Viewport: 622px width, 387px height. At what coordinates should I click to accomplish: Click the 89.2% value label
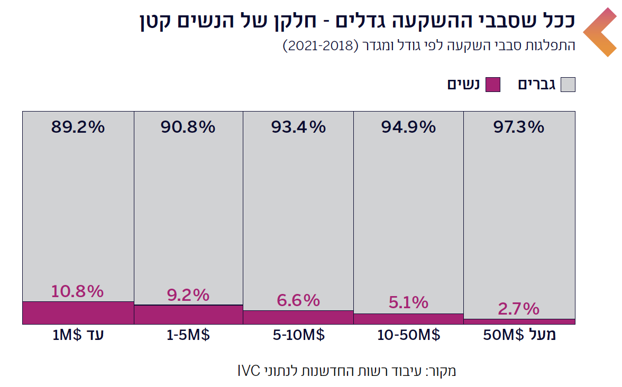(78, 127)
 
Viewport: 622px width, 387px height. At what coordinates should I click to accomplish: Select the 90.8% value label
(188, 127)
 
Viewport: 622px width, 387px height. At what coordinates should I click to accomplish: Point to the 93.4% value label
(298, 127)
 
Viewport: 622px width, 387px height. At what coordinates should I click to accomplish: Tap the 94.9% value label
(408, 127)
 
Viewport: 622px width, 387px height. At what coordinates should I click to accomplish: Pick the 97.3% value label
(518, 127)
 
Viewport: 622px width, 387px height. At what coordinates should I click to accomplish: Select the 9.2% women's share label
(188, 295)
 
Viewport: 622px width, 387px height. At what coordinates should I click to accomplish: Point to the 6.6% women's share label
(298, 300)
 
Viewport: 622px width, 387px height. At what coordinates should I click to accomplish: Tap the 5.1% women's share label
(408, 303)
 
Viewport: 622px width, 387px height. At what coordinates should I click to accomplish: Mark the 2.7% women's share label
(518, 308)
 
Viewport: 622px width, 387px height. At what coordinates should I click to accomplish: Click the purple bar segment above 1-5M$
(188, 315)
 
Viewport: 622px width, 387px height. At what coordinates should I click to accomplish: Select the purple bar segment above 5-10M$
(298, 317)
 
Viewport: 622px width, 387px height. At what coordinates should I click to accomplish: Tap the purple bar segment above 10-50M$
(408, 319)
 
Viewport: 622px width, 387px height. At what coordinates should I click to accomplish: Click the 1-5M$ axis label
(188, 336)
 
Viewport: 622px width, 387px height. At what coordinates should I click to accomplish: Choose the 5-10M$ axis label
(298, 336)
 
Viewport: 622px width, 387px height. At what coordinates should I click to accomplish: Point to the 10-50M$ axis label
(408, 336)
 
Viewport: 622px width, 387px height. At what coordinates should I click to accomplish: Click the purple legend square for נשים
(492, 85)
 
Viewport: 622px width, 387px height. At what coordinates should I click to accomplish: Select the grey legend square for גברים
(568, 85)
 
